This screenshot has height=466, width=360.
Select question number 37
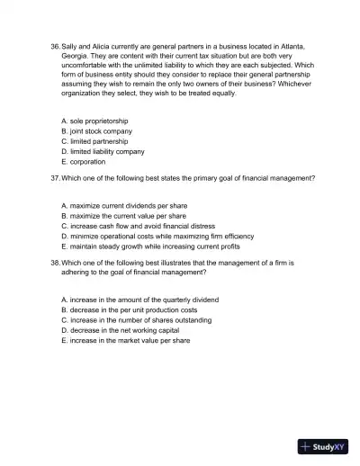point(55,178)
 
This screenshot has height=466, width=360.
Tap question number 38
point(55,263)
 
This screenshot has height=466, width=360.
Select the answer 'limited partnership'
point(94,141)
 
